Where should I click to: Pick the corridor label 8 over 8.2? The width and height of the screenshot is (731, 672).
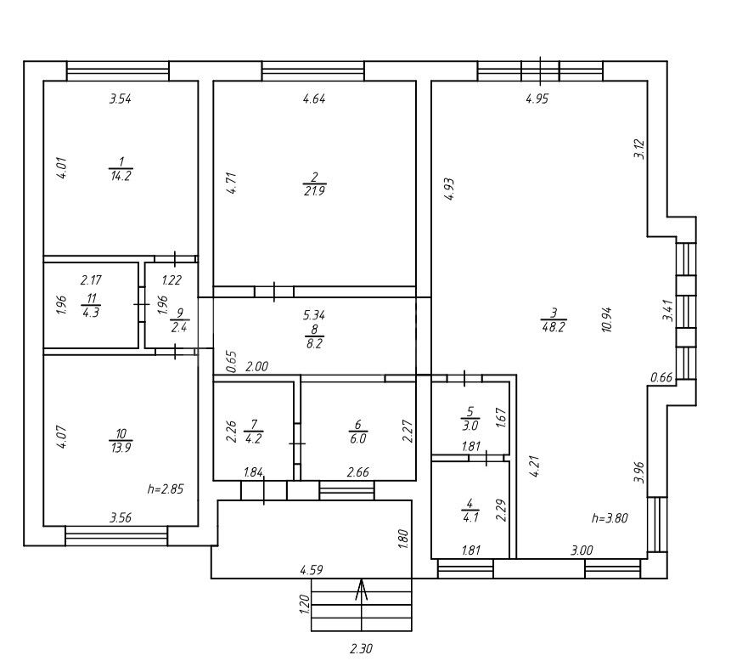coord(314,336)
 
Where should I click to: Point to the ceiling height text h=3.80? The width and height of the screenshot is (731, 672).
coord(610,517)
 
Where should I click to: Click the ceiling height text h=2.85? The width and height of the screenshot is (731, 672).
coord(166,489)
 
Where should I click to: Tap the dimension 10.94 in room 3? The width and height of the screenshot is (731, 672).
coord(606,319)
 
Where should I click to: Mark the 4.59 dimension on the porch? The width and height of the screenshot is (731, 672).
coord(312,570)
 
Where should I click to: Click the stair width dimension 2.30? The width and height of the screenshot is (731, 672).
coord(362,648)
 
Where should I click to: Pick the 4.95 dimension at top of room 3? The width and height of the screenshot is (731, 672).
coord(537,99)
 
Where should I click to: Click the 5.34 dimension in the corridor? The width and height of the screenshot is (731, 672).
coord(314,315)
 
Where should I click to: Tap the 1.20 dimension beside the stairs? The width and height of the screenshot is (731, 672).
coord(305,604)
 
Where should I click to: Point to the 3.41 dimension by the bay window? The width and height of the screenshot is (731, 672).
coord(668,310)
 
